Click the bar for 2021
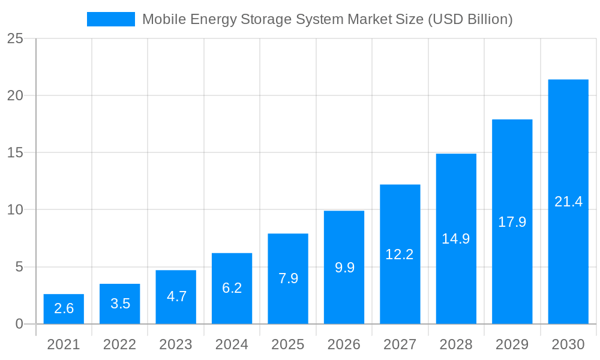point(64,309)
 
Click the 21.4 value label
point(568,202)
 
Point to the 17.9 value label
point(512,222)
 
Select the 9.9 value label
point(344,268)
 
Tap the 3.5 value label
point(120,304)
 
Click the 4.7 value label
point(176,296)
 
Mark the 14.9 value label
point(456,239)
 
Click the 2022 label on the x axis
point(120,344)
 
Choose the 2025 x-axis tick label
point(288,344)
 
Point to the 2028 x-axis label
point(456,344)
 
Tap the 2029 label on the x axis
point(512,344)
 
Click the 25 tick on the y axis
point(16,39)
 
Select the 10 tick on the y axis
point(16,210)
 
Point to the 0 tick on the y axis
point(19,324)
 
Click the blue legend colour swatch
point(111,19)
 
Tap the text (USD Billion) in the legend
point(470,19)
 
